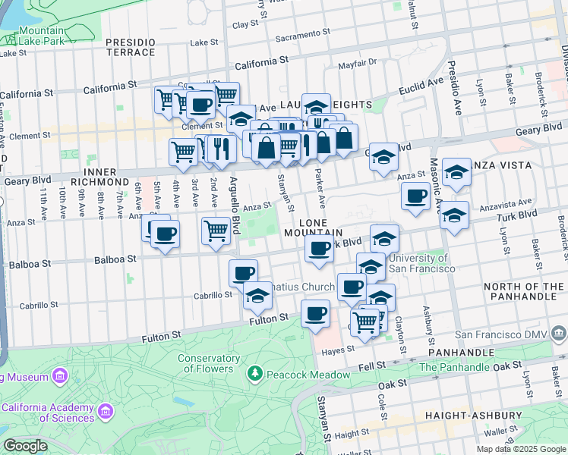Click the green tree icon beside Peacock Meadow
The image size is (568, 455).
pos(256,373)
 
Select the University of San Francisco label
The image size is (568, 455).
pos(422,263)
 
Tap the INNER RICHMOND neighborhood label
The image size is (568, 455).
pos(99,176)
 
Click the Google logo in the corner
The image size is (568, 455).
pos(25,446)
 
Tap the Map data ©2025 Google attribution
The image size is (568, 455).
pos(521,449)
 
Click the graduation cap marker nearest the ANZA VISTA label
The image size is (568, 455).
pos(456,172)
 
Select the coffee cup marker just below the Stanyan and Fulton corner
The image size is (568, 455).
pos(315,313)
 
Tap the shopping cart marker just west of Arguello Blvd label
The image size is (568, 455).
pos(216,229)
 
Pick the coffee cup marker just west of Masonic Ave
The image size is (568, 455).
pos(415,196)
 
